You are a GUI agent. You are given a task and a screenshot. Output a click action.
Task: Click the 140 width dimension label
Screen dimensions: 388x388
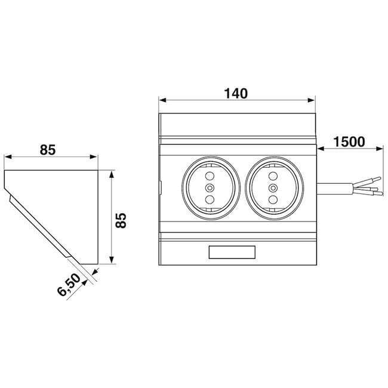236,94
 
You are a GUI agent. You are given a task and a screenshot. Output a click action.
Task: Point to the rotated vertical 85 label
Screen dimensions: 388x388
121,219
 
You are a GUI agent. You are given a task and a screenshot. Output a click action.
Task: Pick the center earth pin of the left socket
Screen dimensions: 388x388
209,188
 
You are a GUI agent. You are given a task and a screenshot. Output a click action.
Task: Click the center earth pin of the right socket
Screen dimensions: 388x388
273,188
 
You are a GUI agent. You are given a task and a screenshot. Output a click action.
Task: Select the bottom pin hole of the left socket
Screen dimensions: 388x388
209,199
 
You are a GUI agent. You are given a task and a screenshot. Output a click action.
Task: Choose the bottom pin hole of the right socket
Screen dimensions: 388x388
273,199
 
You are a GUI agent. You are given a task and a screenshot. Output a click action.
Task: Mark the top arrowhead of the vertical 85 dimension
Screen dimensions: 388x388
112,173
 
